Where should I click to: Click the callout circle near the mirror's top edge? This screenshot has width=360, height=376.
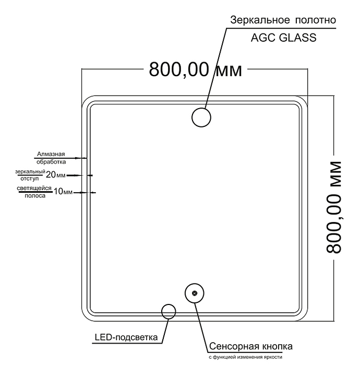click(x=201, y=118)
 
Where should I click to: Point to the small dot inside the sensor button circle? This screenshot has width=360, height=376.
click(x=194, y=294)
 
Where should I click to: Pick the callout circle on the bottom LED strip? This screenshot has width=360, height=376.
click(x=169, y=311)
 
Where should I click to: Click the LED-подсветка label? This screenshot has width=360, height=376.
click(x=126, y=337)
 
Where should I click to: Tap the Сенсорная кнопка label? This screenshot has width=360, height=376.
click(x=250, y=346)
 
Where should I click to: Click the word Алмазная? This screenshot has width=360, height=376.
click(x=51, y=154)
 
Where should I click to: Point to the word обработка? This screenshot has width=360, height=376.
click(x=51, y=161)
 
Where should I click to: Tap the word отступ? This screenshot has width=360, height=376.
click(x=29, y=178)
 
